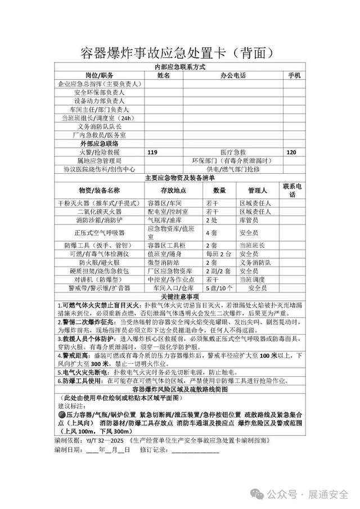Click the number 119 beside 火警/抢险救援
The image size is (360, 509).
(x=152, y=152)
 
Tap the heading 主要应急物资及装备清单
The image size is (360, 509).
(x=179, y=178)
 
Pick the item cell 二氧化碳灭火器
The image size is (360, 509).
(x=100, y=211)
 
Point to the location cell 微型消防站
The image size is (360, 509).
(x=164, y=262)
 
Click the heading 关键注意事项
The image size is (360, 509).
(x=179, y=296)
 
